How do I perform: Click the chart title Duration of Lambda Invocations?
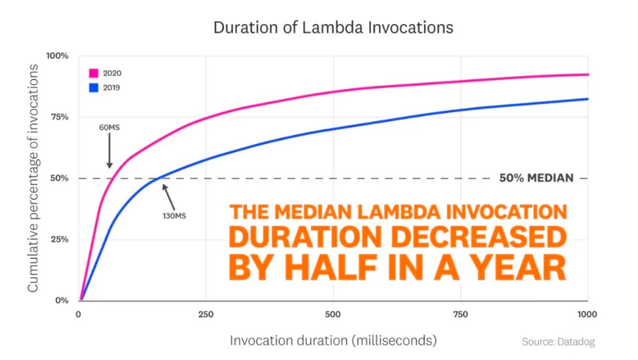pyautogui.click(x=333, y=28)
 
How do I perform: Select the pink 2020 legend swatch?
pyautogui.click(x=94, y=73)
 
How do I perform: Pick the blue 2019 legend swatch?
pyautogui.click(x=94, y=87)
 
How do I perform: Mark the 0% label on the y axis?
pyautogui.click(x=61, y=300)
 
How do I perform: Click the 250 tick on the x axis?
pyautogui.click(x=205, y=315)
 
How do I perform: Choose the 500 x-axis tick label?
pyautogui.click(x=333, y=315)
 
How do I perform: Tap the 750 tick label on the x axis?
pyautogui.click(x=460, y=315)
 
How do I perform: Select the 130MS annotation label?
pyautogui.click(x=174, y=214)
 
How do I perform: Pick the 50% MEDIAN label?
pyautogui.click(x=536, y=178)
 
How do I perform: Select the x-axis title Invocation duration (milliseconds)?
pyautogui.click(x=333, y=340)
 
